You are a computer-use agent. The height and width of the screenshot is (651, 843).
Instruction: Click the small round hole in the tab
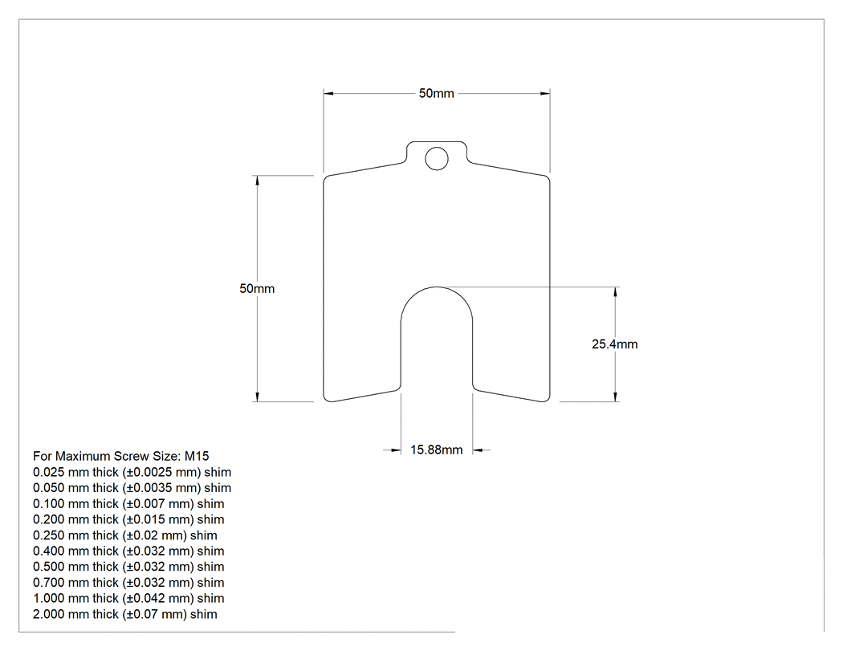click(x=437, y=159)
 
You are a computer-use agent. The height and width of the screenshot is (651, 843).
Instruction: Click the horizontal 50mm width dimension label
click(x=437, y=94)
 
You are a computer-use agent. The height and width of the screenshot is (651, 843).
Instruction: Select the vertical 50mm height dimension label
click(x=257, y=289)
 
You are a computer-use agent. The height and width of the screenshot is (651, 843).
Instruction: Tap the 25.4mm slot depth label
click(x=614, y=344)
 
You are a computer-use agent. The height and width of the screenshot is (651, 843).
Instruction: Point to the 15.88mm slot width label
click(x=437, y=450)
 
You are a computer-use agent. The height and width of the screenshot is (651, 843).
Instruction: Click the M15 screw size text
click(x=197, y=457)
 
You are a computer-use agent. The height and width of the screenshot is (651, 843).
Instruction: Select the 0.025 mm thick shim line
click(x=132, y=473)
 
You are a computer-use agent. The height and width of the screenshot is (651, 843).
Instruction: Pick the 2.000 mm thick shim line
click(x=125, y=614)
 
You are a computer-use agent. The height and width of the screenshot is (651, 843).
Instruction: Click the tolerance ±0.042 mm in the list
click(x=159, y=599)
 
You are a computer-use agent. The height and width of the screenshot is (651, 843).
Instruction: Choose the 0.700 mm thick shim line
click(x=128, y=583)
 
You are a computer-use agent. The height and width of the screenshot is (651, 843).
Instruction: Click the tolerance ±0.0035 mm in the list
click(x=162, y=488)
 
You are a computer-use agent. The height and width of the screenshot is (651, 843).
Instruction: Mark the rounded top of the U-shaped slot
click(x=437, y=287)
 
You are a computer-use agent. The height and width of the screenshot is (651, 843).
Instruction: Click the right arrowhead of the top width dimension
click(x=544, y=94)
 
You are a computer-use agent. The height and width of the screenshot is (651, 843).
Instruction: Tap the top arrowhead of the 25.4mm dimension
click(x=616, y=292)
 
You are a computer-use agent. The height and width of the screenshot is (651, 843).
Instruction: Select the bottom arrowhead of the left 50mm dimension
click(x=258, y=397)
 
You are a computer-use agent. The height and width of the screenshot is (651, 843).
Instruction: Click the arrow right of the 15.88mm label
click(x=482, y=450)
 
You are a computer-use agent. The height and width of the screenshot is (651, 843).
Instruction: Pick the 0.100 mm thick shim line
click(x=128, y=504)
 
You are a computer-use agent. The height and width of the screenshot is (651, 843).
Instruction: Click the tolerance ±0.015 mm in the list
click(x=159, y=520)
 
